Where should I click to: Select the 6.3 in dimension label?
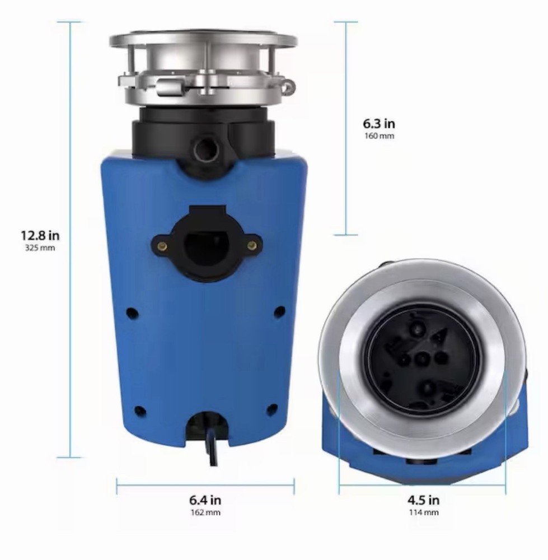[378, 124]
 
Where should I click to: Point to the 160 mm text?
[378, 136]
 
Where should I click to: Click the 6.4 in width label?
[205, 500]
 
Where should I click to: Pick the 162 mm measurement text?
[205, 512]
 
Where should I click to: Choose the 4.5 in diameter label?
[423, 500]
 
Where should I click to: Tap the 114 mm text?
[423, 512]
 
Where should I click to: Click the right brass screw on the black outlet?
[251, 245]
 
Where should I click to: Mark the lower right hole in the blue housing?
[272, 409]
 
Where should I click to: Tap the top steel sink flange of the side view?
[203, 40]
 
